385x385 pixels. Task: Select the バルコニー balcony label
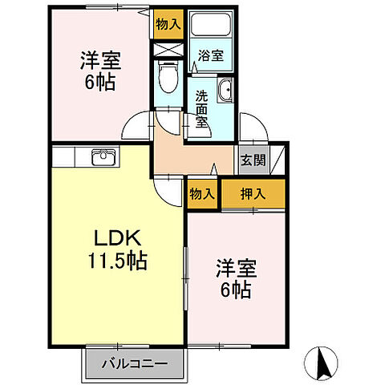[134, 363]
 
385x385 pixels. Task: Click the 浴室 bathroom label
[212, 55]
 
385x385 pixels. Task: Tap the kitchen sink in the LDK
[102, 156]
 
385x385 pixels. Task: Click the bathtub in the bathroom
[213, 28]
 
